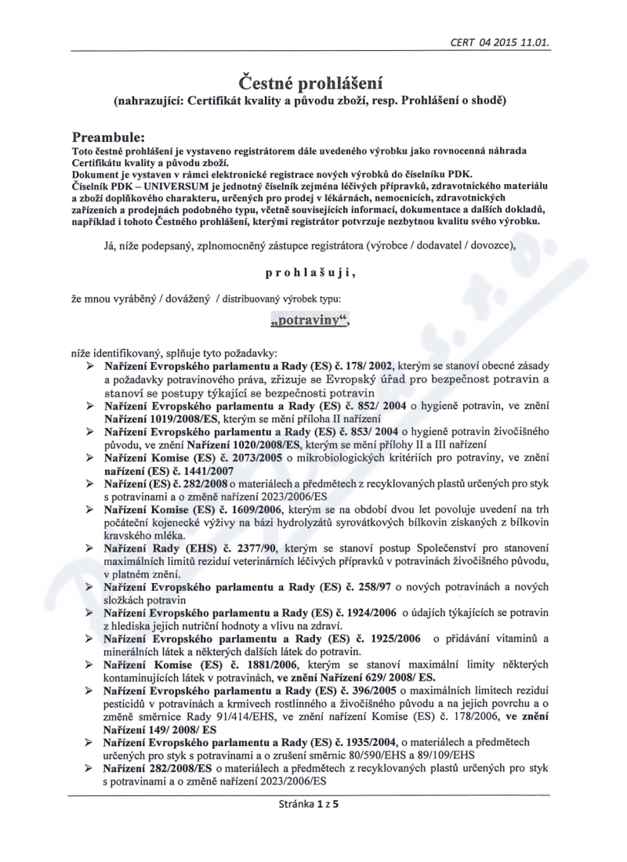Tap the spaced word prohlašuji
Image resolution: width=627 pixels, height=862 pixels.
point(313,274)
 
